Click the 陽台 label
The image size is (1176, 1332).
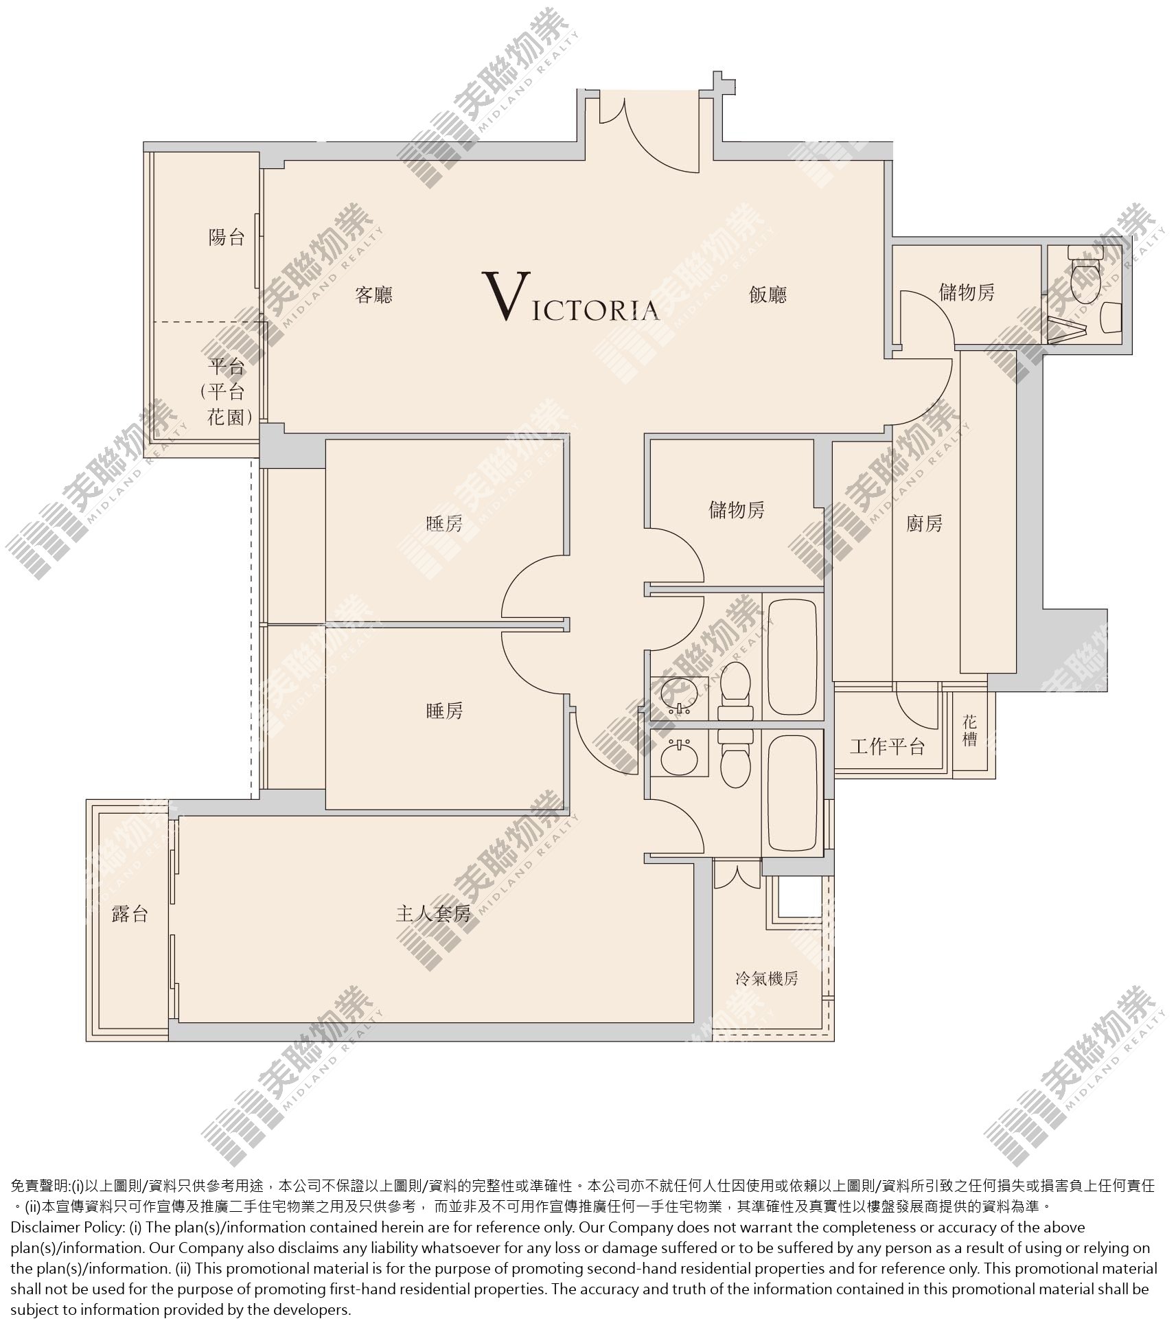227,238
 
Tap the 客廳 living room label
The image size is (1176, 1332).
374,295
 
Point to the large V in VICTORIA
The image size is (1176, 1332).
507,296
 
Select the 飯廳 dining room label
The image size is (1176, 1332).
768,295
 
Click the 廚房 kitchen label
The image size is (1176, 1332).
924,524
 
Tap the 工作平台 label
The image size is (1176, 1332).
888,746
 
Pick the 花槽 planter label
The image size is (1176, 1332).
969,731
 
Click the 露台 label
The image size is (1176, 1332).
130,914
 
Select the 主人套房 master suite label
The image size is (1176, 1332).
434,914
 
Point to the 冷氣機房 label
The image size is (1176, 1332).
768,978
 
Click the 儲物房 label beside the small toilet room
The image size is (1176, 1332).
967,293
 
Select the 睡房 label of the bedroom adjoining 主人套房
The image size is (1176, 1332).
445,711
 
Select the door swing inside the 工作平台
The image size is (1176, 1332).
917,707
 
